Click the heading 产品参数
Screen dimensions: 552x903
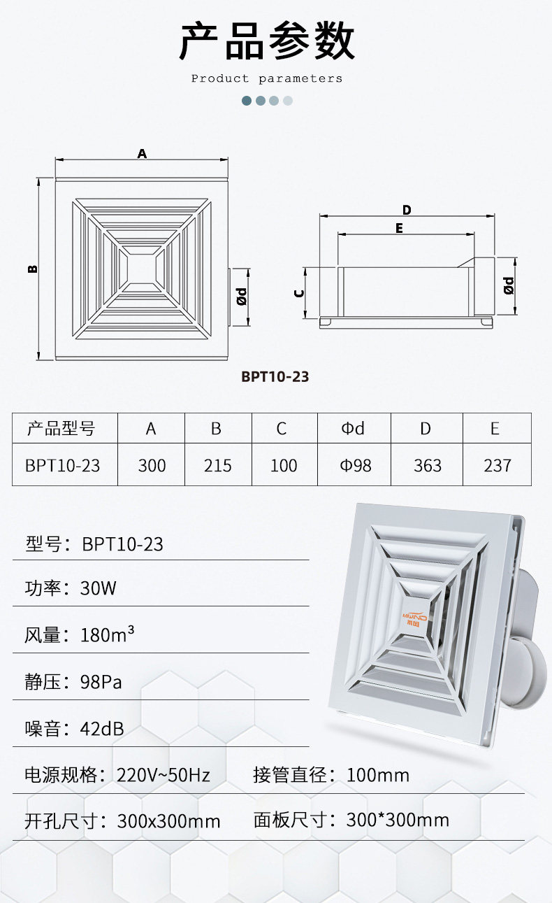pyautogui.click(x=266, y=41)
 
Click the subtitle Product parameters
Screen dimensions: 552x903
pyautogui.click(x=266, y=78)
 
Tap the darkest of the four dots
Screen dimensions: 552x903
pyautogui.click(x=247, y=101)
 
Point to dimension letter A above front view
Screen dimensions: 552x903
pyautogui.click(x=142, y=153)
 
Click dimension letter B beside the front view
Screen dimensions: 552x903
pyautogui.click(x=33, y=269)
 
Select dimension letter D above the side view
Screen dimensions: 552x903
pyautogui.click(x=407, y=210)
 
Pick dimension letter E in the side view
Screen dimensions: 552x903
pyautogui.click(x=399, y=228)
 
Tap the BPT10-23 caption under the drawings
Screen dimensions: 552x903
pyautogui.click(x=275, y=376)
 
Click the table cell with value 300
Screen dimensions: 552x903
pyautogui.click(x=152, y=466)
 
